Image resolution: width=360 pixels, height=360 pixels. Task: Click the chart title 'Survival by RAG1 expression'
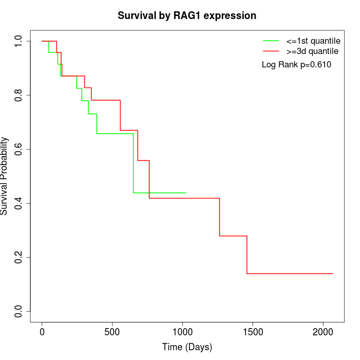point(187,15)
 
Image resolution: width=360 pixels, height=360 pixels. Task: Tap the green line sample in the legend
point(271,40)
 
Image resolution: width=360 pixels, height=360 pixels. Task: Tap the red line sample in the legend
point(271,51)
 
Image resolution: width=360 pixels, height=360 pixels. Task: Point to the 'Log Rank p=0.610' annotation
point(296,65)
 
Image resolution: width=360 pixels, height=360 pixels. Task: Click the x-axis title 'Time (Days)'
point(187,347)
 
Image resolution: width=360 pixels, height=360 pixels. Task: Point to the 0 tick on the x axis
point(42,332)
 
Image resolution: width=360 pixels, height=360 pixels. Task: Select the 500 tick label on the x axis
point(112,332)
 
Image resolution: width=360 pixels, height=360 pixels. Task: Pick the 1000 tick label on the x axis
point(183,332)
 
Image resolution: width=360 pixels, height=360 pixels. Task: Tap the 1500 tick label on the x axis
point(253,332)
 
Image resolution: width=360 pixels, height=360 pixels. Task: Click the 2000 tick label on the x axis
point(323,332)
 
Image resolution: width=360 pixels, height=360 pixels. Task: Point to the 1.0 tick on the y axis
point(19,41)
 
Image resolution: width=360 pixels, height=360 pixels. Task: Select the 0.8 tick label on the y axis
point(19,95)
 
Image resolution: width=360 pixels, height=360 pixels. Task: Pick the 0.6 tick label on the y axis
point(19,149)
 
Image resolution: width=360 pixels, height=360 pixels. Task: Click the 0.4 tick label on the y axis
point(19,203)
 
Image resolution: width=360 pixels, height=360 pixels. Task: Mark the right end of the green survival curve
point(186,193)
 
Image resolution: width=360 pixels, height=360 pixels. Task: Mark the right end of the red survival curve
point(333,274)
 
